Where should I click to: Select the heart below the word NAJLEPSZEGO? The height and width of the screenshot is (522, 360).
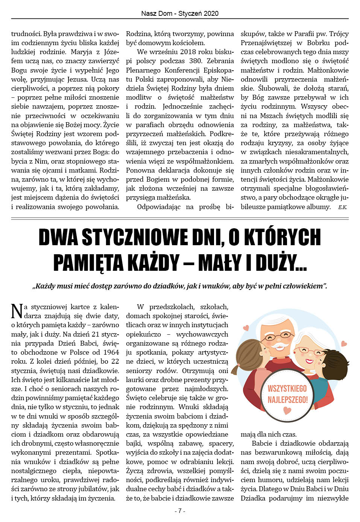(x=287, y=411)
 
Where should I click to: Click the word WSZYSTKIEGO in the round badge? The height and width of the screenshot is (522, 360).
(x=287, y=388)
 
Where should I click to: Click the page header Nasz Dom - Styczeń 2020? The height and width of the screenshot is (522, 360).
(x=180, y=14)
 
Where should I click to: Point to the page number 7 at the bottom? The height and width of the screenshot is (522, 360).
(x=180, y=511)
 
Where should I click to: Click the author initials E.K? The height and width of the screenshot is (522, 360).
(x=342, y=207)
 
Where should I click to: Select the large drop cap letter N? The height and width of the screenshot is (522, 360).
(x=17, y=311)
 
